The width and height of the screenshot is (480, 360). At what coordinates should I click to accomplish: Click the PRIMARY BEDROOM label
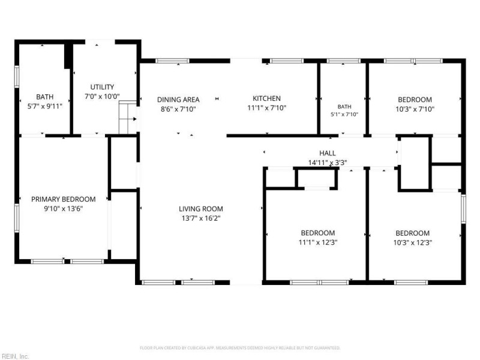(x=64, y=199)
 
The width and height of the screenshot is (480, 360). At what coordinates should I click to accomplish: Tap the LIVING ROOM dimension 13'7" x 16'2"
(x=201, y=218)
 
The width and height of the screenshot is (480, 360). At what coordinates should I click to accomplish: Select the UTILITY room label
(x=102, y=87)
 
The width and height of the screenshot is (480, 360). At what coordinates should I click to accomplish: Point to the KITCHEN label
(x=266, y=98)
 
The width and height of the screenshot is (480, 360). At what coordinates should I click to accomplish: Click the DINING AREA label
(x=178, y=100)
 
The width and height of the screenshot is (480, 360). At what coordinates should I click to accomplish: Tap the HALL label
(x=328, y=153)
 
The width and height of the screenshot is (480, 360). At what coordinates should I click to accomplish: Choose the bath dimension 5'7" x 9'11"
(x=44, y=106)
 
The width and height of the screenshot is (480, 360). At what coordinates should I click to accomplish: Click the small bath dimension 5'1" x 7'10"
(x=344, y=115)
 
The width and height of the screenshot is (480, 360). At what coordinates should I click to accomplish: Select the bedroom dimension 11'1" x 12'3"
(x=318, y=242)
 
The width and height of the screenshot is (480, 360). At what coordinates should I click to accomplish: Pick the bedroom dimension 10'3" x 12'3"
(x=413, y=243)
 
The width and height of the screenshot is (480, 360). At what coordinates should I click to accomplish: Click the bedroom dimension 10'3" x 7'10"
(x=415, y=109)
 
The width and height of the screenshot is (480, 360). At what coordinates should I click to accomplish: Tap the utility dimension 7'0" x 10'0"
(x=102, y=97)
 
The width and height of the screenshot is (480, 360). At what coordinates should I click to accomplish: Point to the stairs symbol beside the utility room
(x=128, y=117)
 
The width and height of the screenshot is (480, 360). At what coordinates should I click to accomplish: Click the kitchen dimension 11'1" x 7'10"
(x=266, y=108)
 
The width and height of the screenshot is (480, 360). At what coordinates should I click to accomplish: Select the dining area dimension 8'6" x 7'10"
(x=178, y=109)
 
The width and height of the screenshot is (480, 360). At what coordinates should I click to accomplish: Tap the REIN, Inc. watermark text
(x=14, y=356)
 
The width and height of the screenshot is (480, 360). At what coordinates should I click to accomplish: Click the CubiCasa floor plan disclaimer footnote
(x=240, y=348)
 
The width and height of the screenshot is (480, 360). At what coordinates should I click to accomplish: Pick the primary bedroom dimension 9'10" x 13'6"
(x=64, y=209)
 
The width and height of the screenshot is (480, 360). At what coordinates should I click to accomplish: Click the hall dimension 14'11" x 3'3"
(x=328, y=163)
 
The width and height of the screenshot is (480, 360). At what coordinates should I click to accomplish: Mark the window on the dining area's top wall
(x=172, y=61)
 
